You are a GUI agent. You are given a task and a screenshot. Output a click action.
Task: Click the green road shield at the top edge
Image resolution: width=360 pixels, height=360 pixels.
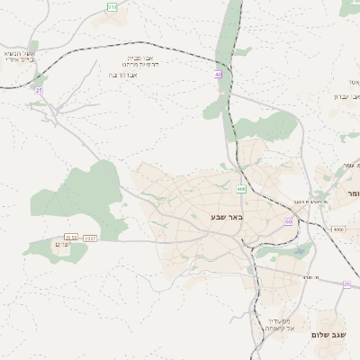[x=112, y=6]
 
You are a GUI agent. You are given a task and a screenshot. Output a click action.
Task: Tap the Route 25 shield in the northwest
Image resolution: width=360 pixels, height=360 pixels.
[x=39, y=90]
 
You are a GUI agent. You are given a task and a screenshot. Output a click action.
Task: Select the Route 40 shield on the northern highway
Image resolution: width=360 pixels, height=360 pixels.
[x=218, y=75]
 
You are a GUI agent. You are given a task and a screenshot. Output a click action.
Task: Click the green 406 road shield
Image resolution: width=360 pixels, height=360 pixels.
[x=241, y=189]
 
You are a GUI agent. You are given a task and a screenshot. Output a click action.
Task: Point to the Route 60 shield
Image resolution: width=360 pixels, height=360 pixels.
[x=288, y=220]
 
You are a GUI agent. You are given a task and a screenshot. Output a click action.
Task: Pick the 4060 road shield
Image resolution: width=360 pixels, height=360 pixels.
[x=337, y=230]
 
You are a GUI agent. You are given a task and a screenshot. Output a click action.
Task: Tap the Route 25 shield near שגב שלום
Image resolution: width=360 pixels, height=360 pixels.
[x=346, y=284]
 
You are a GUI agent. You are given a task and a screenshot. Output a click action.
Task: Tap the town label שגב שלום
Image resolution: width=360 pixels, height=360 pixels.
[x=329, y=335]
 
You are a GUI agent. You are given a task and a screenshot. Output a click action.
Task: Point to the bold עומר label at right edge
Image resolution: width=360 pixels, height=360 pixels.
[x=348, y=193]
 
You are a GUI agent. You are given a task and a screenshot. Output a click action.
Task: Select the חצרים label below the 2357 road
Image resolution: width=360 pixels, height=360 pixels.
[x=63, y=246]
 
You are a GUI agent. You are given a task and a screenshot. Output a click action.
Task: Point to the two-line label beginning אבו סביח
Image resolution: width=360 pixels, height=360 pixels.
[x=144, y=60]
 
